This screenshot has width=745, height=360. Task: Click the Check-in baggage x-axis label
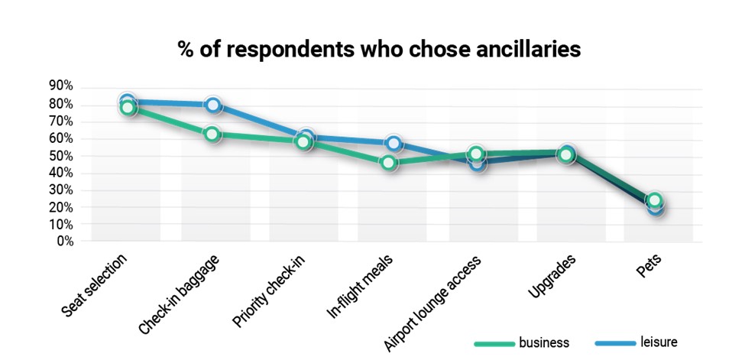click(x=180, y=294)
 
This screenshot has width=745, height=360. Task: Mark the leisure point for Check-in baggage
click(x=213, y=105)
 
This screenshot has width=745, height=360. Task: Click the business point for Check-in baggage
click(x=213, y=134)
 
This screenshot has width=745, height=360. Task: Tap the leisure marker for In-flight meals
click(x=394, y=144)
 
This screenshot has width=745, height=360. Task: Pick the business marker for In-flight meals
click(x=389, y=162)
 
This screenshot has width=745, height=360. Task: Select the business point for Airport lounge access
click(x=477, y=154)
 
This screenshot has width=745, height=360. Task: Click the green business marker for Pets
click(x=654, y=200)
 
